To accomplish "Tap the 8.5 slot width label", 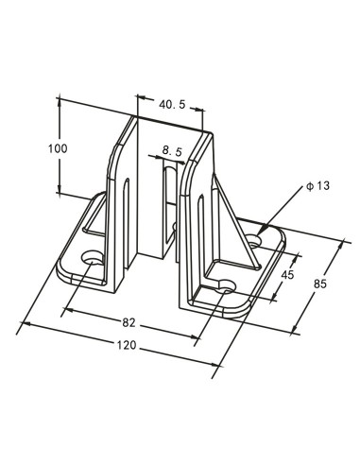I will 172,149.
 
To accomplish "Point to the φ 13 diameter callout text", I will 317,186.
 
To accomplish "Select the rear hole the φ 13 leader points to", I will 258,231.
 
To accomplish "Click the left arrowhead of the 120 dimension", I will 24,324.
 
